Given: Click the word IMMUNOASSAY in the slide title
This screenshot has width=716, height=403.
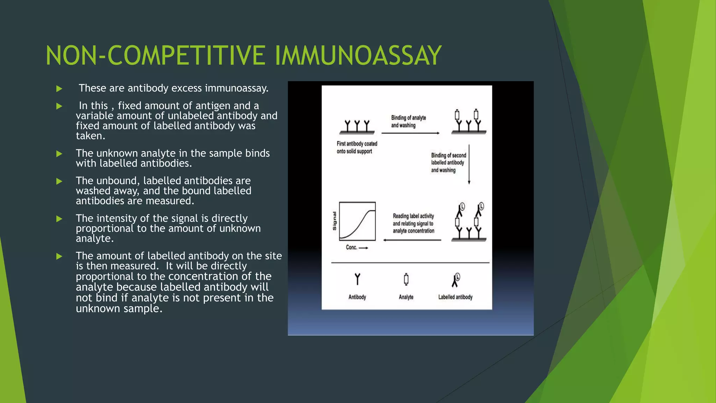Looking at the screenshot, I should click(x=358, y=56).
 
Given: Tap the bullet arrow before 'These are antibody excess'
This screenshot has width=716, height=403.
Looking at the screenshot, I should click(x=59, y=89).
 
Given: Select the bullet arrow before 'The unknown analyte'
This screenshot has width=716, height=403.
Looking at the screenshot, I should click(x=59, y=154).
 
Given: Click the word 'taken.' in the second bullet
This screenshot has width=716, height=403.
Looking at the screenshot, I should click(x=91, y=136).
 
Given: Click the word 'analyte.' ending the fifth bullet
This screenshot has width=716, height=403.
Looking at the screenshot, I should click(x=95, y=239).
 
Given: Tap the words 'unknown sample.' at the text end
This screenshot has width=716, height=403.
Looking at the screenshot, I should click(x=119, y=309).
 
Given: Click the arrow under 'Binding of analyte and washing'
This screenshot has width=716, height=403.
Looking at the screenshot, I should click(x=410, y=133).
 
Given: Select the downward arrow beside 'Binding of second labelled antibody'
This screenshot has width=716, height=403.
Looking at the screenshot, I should click(x=469, y=164).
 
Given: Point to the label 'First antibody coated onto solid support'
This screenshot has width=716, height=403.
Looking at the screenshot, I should click(x=357, y=147).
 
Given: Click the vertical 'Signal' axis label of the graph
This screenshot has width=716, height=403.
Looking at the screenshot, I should click(x=334, y=221).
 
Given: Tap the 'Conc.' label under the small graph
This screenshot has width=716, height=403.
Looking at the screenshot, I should click(x=351, y=247).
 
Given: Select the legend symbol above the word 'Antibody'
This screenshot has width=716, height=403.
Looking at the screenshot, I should click(x=357, y=279).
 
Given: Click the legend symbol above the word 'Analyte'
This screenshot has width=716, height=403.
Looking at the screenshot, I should click(x=406, y=279).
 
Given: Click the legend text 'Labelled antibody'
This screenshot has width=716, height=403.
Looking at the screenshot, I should click(x=455, y=297).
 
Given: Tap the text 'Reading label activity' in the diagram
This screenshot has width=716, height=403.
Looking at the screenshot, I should click(x=413, y=216).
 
